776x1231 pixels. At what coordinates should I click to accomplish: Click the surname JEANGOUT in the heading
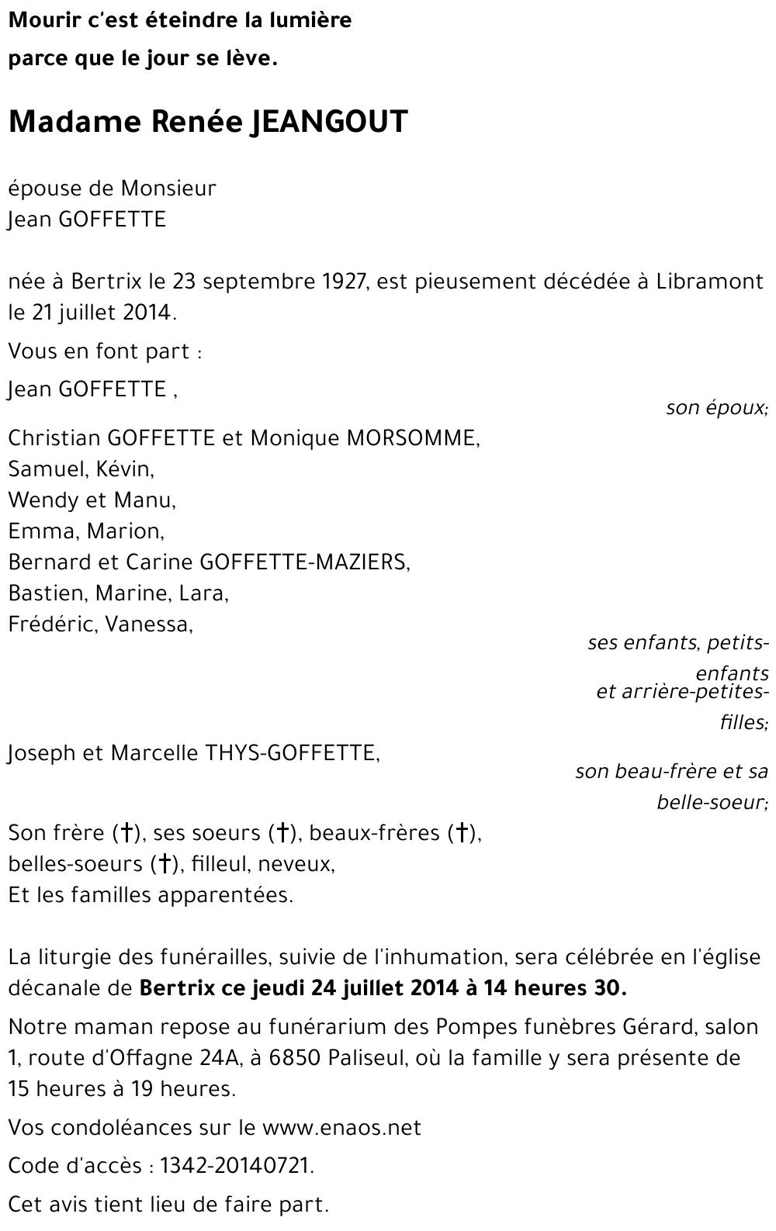(328, 123)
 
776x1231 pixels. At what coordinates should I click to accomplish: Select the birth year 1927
(343, 282)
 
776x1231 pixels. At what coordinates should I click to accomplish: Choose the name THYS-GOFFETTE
(290, 753)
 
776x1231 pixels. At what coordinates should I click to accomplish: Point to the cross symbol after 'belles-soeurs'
(164, 865)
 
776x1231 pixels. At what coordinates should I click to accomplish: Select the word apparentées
(226, 896)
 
